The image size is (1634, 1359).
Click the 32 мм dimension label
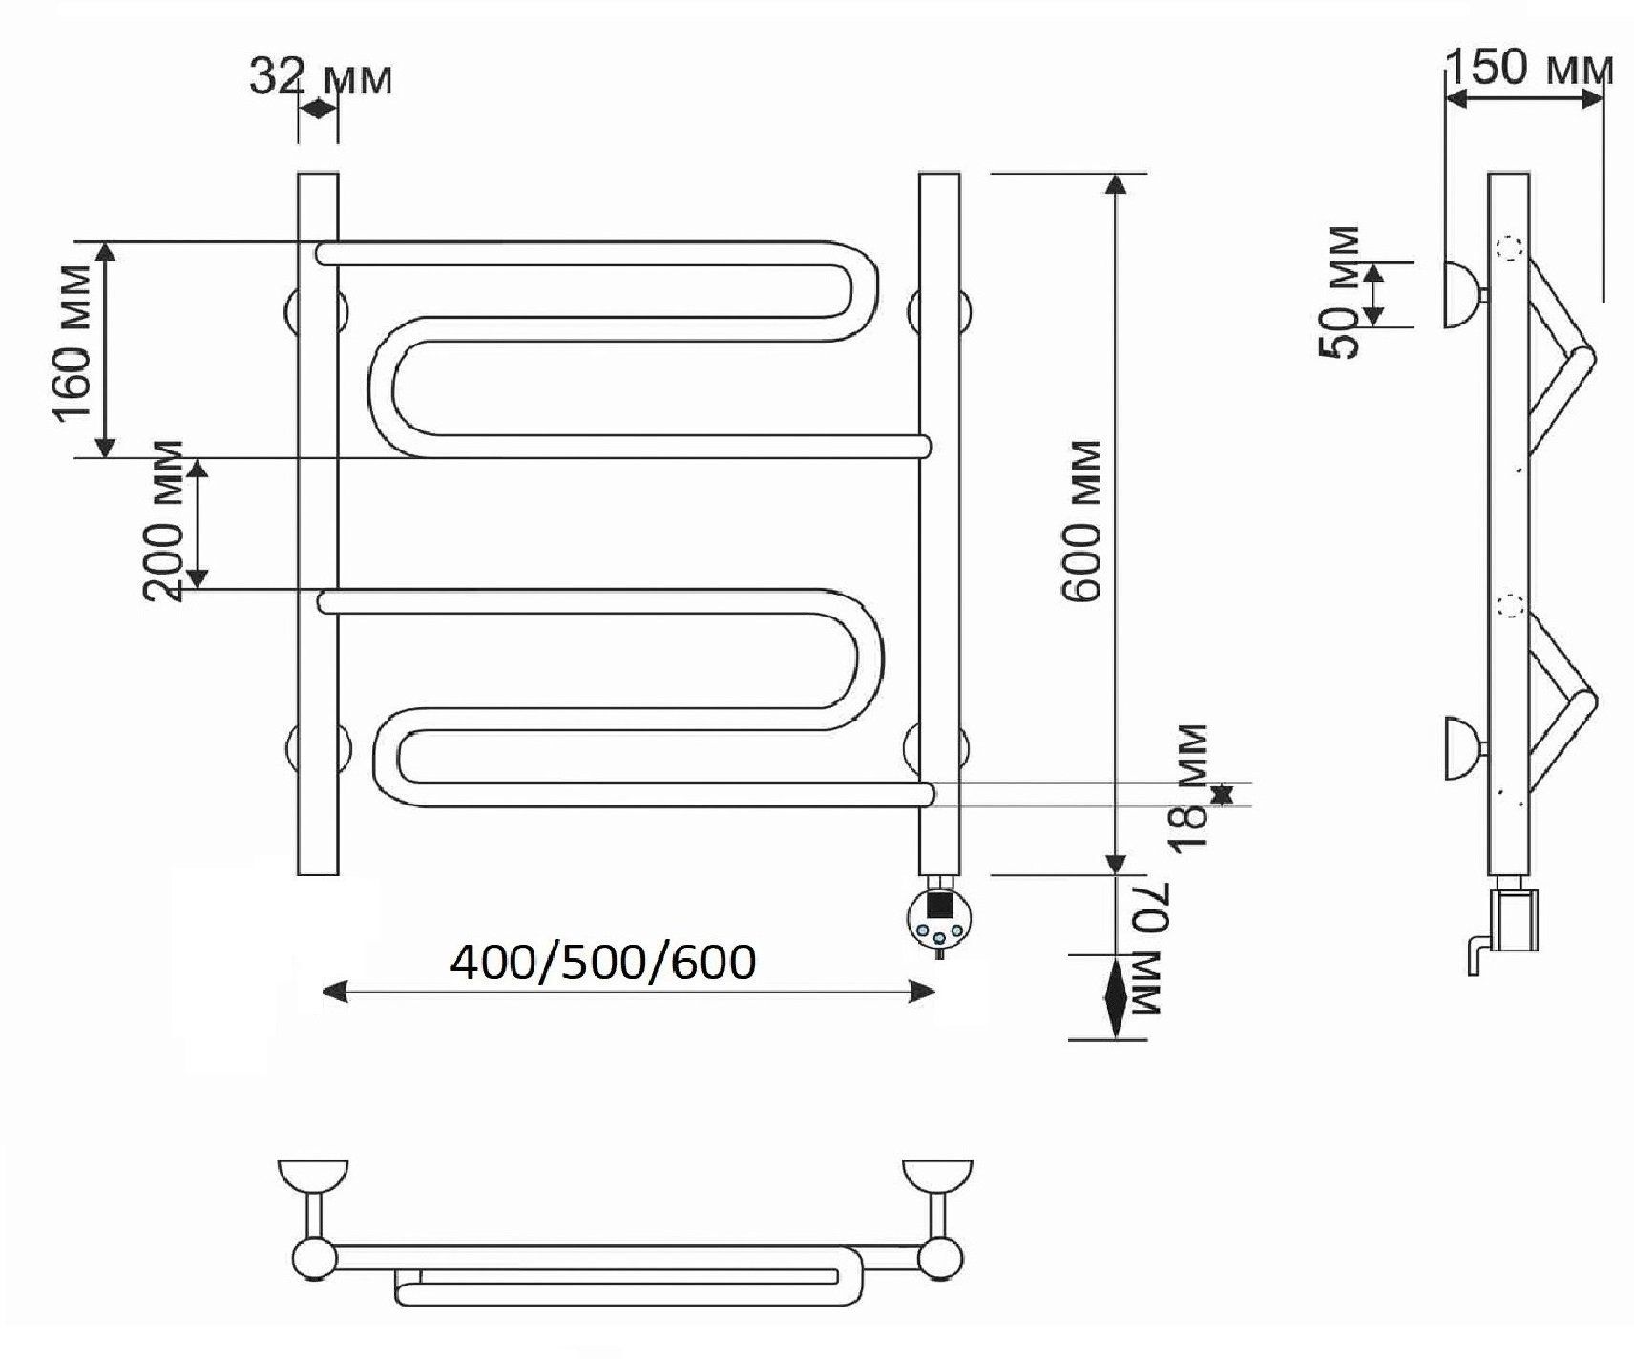point(321,77)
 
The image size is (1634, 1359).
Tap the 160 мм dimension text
point(73,341)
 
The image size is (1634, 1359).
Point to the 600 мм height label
point(1082,520)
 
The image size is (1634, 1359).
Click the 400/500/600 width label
point(603,963)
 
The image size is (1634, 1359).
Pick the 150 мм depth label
point(1530,68)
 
